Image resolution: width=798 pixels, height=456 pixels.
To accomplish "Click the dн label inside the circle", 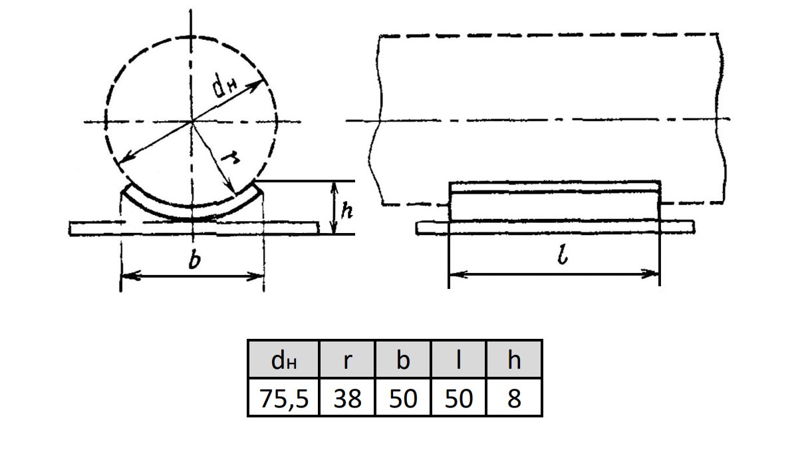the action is [224, 87].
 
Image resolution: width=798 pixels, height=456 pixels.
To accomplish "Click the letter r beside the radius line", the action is [230, 158].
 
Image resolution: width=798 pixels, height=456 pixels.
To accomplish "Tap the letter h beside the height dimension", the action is [346, 210].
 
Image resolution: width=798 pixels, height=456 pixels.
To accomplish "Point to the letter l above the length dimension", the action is [563, 254].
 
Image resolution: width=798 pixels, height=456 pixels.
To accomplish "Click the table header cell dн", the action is [283, 359].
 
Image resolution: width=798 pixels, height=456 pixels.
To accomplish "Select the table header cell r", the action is [347, 359].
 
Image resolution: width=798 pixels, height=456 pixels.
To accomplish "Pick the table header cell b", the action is [403, 359].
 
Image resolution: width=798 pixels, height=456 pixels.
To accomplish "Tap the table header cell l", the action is [458, 359].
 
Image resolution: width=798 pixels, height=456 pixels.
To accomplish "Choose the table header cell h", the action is [514, 359].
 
